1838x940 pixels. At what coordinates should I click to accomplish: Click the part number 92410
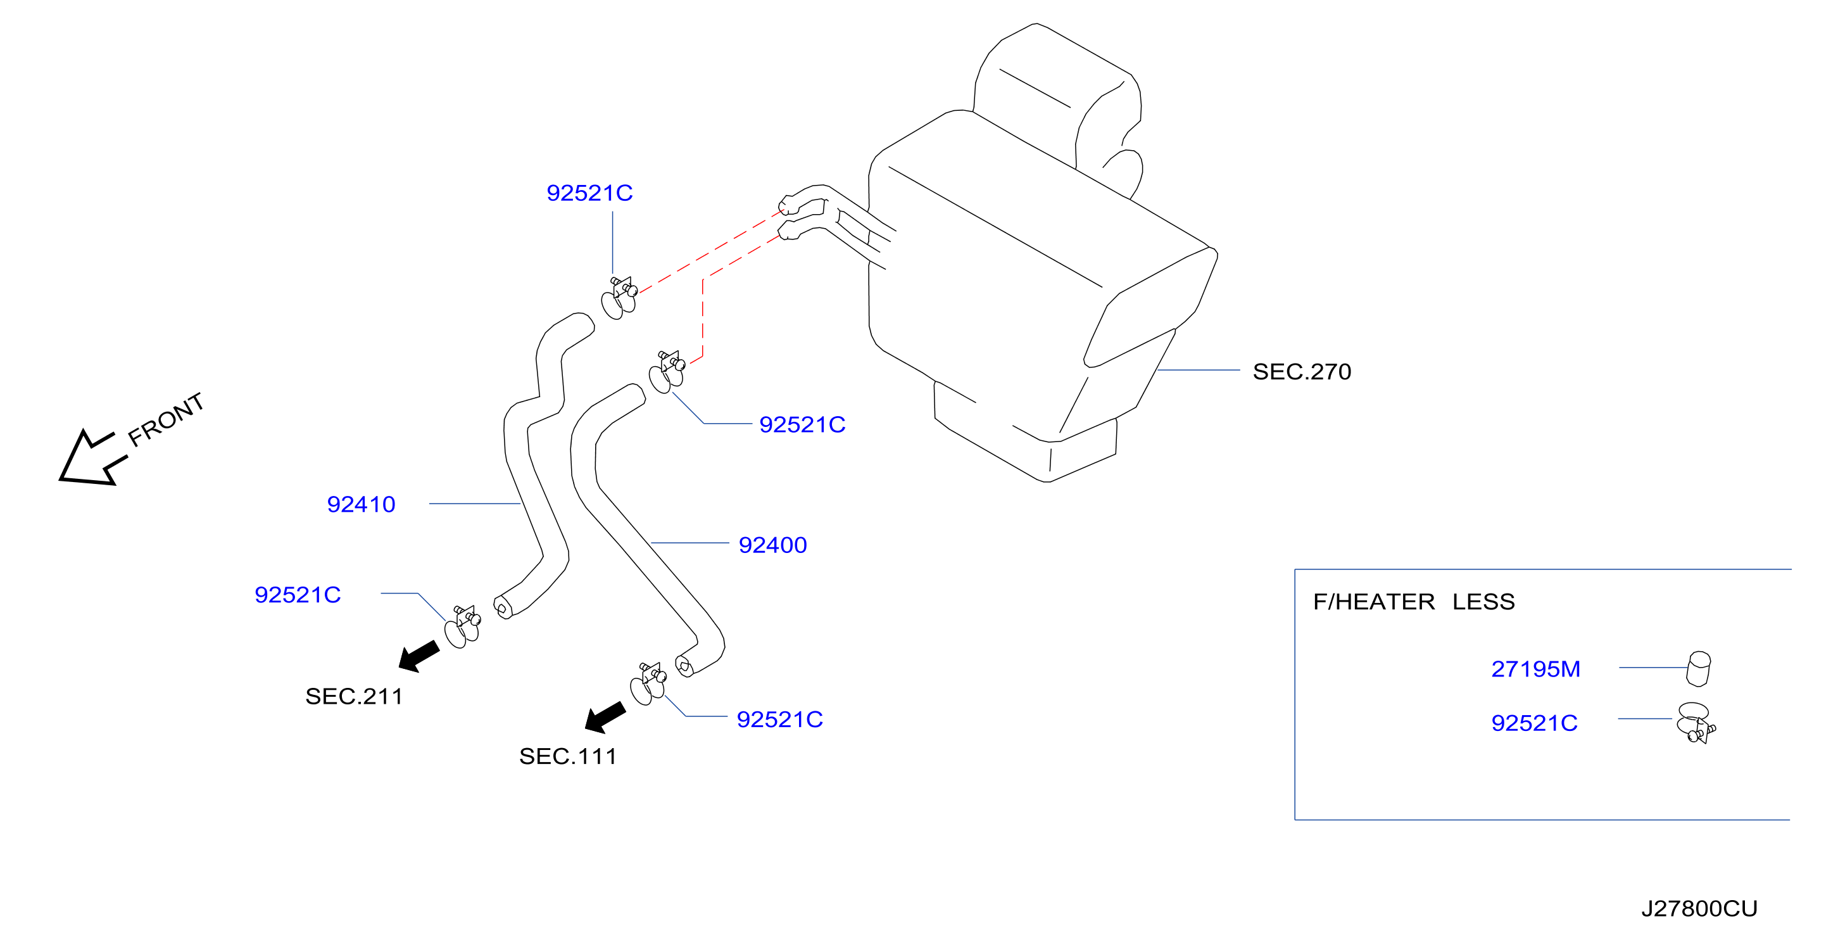361,505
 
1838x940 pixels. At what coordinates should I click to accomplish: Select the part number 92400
772,545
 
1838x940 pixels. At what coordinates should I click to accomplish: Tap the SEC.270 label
1302,372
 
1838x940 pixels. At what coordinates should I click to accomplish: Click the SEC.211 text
354,697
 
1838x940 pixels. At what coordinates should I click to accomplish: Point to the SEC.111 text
568,756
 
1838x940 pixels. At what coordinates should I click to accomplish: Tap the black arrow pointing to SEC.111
605,717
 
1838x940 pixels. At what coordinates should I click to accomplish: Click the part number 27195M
1535,670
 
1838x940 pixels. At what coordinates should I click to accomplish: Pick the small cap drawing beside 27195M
1699,669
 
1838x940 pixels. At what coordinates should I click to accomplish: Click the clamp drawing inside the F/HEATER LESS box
1697,723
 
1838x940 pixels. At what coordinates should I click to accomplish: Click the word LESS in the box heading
1483,602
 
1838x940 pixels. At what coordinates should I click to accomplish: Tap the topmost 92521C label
589,193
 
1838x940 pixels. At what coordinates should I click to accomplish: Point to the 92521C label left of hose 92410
298,595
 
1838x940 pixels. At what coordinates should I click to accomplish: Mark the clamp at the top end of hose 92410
619,298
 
